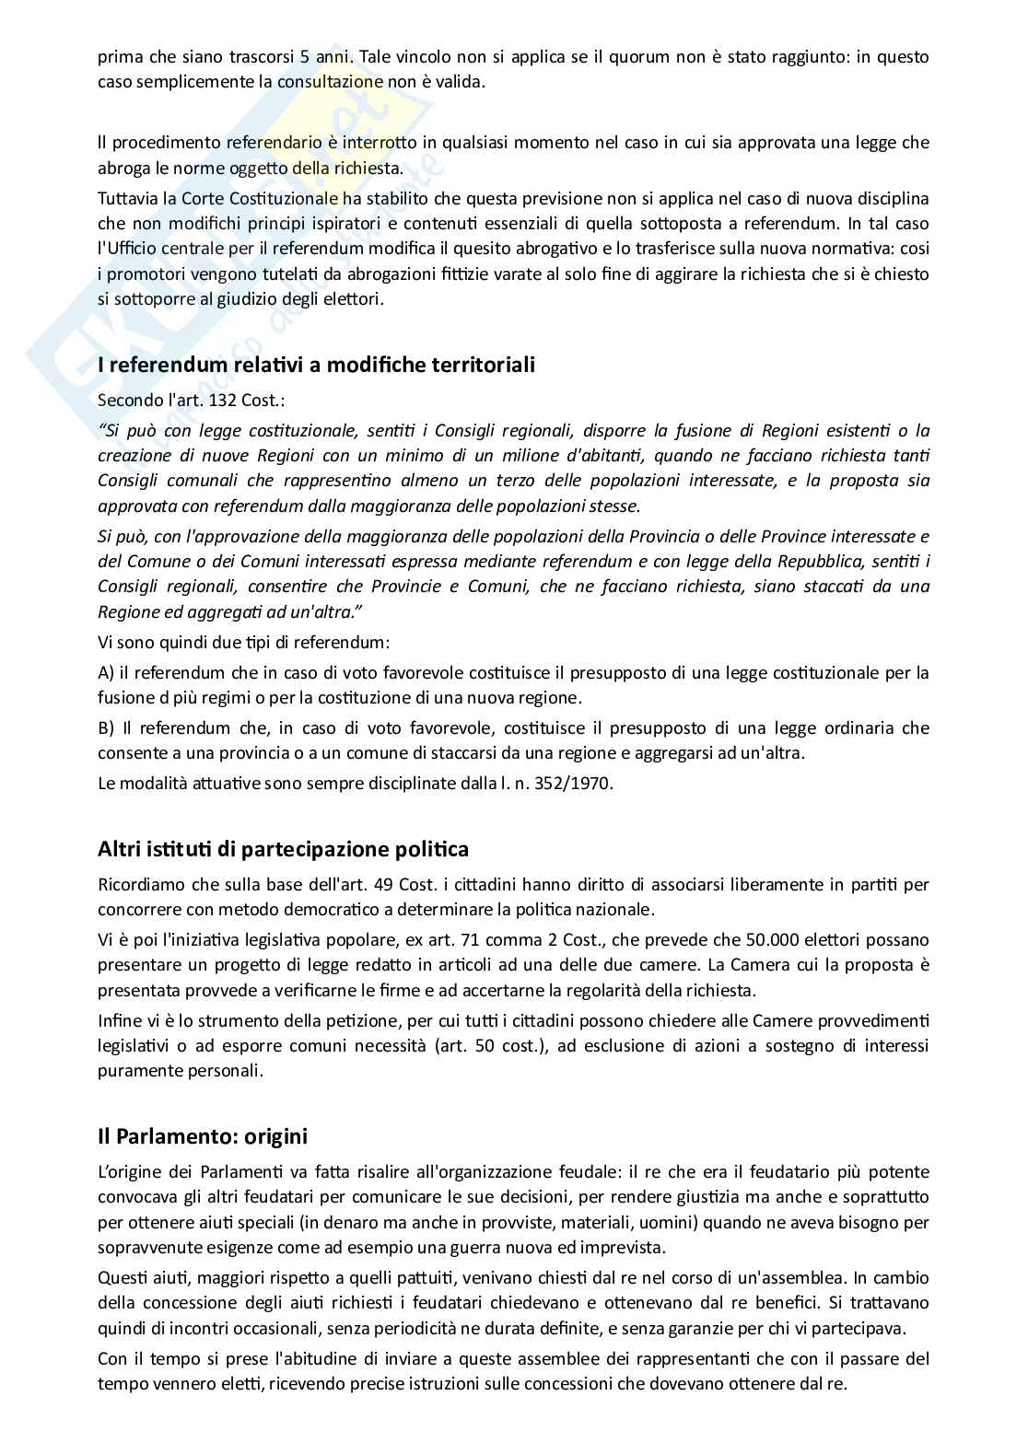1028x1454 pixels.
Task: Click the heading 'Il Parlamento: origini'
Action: [x=202, y=1136]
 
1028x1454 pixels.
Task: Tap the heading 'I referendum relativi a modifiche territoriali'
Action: [x=316, y=365]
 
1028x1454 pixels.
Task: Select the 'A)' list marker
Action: [x=106, y=673]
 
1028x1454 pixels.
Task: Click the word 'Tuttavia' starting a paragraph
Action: [x=124, y=199]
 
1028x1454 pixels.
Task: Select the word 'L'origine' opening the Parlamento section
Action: [x=128, y=1172]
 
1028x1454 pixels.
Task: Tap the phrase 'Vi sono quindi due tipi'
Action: [x=184, y=642]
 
